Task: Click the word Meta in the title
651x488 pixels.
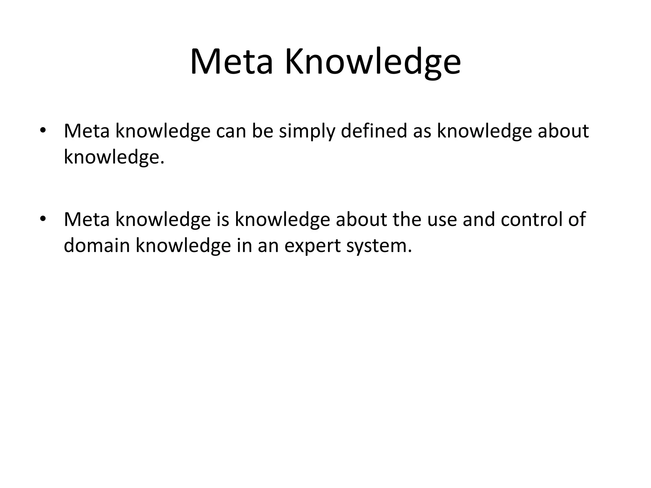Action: (231, 62)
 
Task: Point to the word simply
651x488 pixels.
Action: (307, 132)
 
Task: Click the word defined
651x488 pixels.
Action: (374, 131)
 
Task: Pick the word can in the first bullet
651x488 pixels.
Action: (231, 132)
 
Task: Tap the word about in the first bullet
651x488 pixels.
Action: (563, 131)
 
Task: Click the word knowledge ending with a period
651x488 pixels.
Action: (114, 157)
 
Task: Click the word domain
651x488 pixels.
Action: (97, 245)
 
